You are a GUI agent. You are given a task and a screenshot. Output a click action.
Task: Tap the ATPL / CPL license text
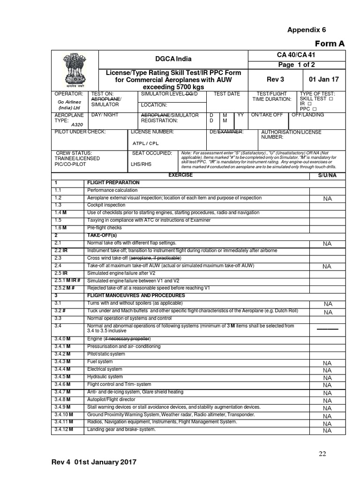coord(147,143)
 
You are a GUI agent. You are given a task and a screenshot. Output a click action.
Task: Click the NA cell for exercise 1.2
coord(327,199)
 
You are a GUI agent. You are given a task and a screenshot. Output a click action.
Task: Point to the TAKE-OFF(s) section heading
coord(102,235)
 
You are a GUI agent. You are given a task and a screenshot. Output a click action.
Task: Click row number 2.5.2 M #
coord(65,288)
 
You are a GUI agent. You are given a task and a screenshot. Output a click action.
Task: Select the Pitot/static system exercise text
coord(106,354)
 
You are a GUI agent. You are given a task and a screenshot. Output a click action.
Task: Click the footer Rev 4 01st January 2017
coord(94,462)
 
